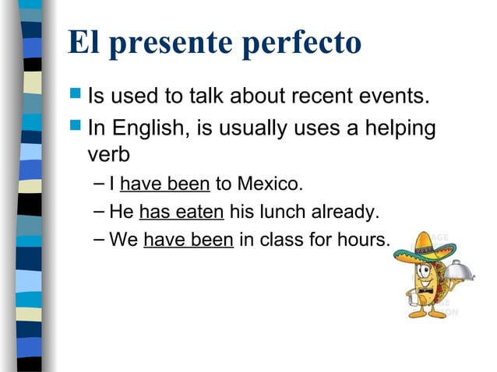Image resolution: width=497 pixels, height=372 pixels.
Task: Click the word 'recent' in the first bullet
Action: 328,97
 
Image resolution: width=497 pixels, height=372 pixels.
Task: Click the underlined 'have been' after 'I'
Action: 165,185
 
